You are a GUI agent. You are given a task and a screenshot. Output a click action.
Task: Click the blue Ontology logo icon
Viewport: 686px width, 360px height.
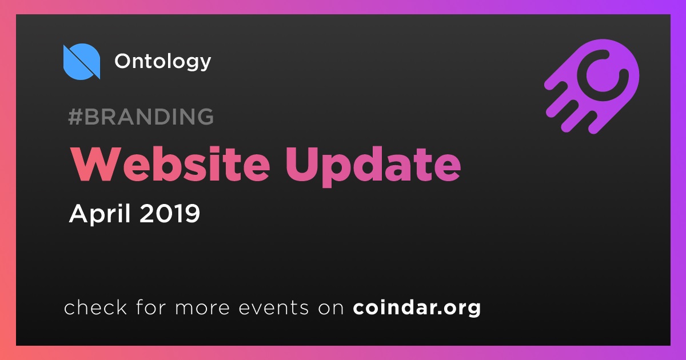(81, 62)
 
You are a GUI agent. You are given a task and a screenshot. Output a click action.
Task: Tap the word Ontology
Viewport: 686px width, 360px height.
(162, 62)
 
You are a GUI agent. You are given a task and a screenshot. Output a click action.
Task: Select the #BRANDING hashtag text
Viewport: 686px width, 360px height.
(141, 117)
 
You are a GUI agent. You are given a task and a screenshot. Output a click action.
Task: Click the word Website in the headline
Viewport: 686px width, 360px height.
(170, 165)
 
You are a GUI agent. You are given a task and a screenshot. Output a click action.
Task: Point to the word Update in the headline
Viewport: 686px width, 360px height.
(373, 167)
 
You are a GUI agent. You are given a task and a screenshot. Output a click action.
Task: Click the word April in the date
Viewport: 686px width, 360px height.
(100, 214)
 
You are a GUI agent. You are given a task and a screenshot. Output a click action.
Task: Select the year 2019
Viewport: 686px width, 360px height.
(170, 213)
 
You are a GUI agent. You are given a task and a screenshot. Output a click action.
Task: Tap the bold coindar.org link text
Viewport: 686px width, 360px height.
(417, 308)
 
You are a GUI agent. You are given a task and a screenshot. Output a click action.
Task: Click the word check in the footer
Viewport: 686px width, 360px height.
(95, 307)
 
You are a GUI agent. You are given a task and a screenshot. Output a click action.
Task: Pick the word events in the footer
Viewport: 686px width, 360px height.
(273, 308)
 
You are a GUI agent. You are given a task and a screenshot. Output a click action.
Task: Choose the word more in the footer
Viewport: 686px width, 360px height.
(202, 308)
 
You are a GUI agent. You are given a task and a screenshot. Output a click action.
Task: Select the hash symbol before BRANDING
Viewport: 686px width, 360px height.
(75, 117)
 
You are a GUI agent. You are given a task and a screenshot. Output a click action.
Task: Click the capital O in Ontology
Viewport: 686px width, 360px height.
(125, 61)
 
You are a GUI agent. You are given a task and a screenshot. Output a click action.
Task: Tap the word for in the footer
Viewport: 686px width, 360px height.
(151, 307)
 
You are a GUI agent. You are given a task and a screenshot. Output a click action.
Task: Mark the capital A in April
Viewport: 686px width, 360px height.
(80, 213)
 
